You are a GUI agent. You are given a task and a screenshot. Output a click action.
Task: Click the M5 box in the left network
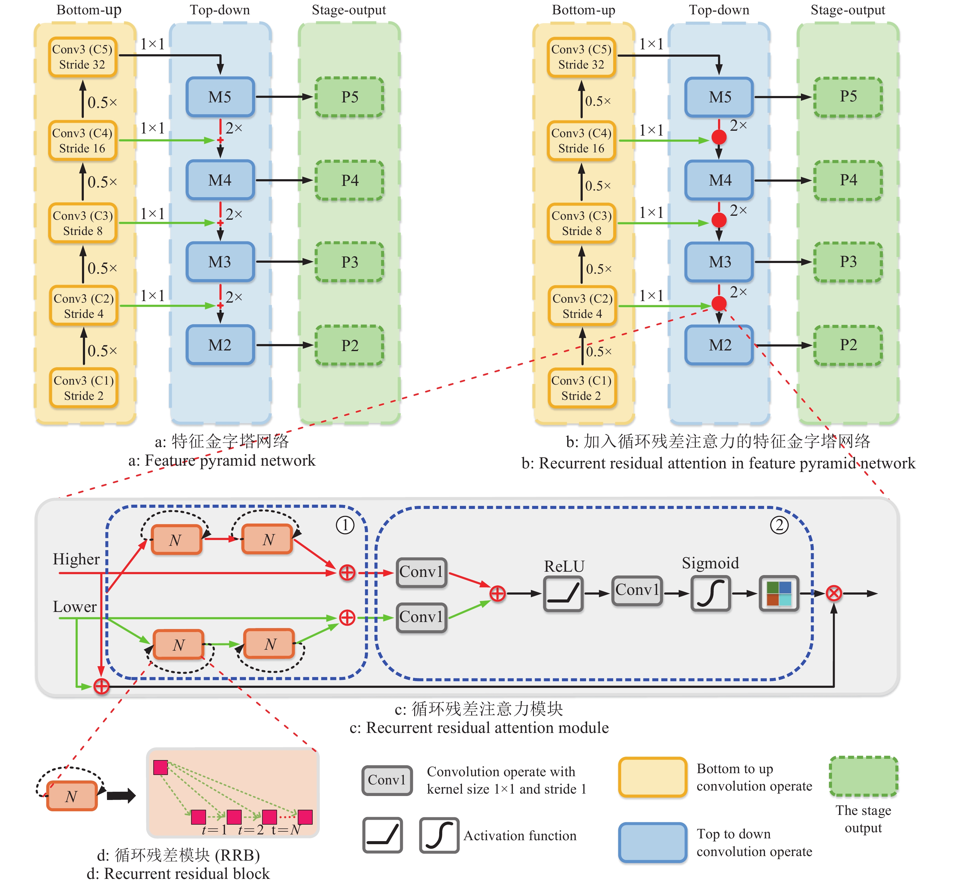[220, 97]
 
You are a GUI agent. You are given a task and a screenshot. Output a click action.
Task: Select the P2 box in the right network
[848, 345]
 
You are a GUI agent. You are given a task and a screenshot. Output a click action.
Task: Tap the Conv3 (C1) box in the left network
[84, 388]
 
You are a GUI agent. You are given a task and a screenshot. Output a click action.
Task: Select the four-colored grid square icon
[779, 593]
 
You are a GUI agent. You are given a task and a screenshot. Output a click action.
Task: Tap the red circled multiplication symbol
[834, 593]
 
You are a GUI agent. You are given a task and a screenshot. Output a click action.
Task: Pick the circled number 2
[779, 525]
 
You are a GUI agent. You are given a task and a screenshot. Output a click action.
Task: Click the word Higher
[76, 559]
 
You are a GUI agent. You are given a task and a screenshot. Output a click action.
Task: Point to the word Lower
[75, 607]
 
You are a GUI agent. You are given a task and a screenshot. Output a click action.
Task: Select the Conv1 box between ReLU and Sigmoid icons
[637, 591]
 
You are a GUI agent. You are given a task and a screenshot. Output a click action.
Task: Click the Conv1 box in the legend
[387, 780]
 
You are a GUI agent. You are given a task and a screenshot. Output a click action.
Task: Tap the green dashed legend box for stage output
[863, 776]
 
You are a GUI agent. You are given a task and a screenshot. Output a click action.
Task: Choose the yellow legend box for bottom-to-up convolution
[652, 777]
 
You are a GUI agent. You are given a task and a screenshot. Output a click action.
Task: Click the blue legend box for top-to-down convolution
[652, 843]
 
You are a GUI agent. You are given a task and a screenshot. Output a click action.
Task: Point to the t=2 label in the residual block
[251, 830]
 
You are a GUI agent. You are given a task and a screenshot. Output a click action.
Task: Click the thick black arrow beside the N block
[121, 796]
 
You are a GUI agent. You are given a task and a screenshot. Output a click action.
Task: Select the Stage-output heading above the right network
[848, 10]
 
